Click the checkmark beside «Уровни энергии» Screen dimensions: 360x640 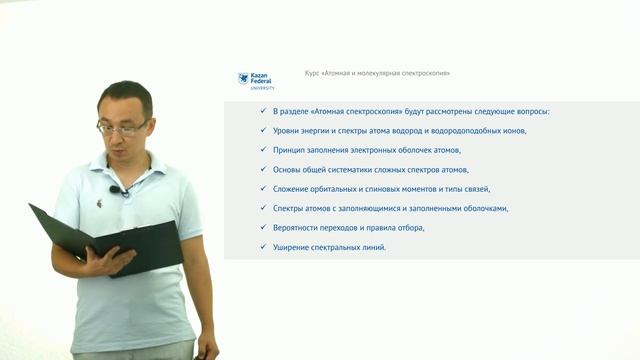tap(261, 131)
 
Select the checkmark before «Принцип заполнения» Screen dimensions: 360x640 tap(261, 150)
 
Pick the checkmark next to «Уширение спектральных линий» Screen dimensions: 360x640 tap(261, 247)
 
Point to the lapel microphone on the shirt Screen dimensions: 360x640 tap(116, 189)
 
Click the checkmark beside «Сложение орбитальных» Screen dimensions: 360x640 tap(261, 189)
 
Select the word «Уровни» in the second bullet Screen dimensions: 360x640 tap(285, 131)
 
